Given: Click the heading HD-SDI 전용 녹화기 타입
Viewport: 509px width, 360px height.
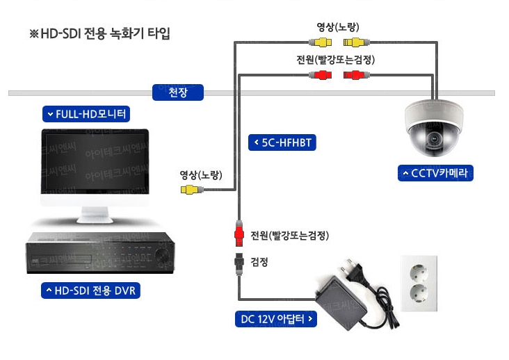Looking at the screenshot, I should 99,33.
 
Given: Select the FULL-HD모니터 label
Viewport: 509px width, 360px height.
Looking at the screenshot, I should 86,113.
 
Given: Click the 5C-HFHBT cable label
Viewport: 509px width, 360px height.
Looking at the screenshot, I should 282,143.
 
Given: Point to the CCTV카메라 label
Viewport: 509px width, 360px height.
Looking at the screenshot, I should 436,172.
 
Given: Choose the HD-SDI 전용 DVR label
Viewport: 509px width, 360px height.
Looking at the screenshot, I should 90,290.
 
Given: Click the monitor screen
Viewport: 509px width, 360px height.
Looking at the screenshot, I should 94,162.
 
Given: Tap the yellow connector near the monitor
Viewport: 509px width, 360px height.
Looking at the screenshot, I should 191,189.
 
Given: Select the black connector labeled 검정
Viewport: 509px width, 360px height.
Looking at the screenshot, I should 238,261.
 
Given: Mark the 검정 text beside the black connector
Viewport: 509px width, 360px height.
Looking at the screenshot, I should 259,262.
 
